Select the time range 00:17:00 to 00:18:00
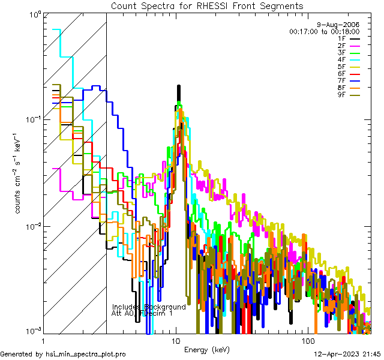coord(324,31)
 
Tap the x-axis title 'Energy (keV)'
coord(207,350)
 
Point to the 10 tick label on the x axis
coord(176,340)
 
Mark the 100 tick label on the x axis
coord(308,340)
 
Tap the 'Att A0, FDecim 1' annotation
coord(142,313)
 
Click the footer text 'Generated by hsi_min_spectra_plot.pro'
coord(64,354)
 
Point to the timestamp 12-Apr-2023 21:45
coord(346,354)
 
